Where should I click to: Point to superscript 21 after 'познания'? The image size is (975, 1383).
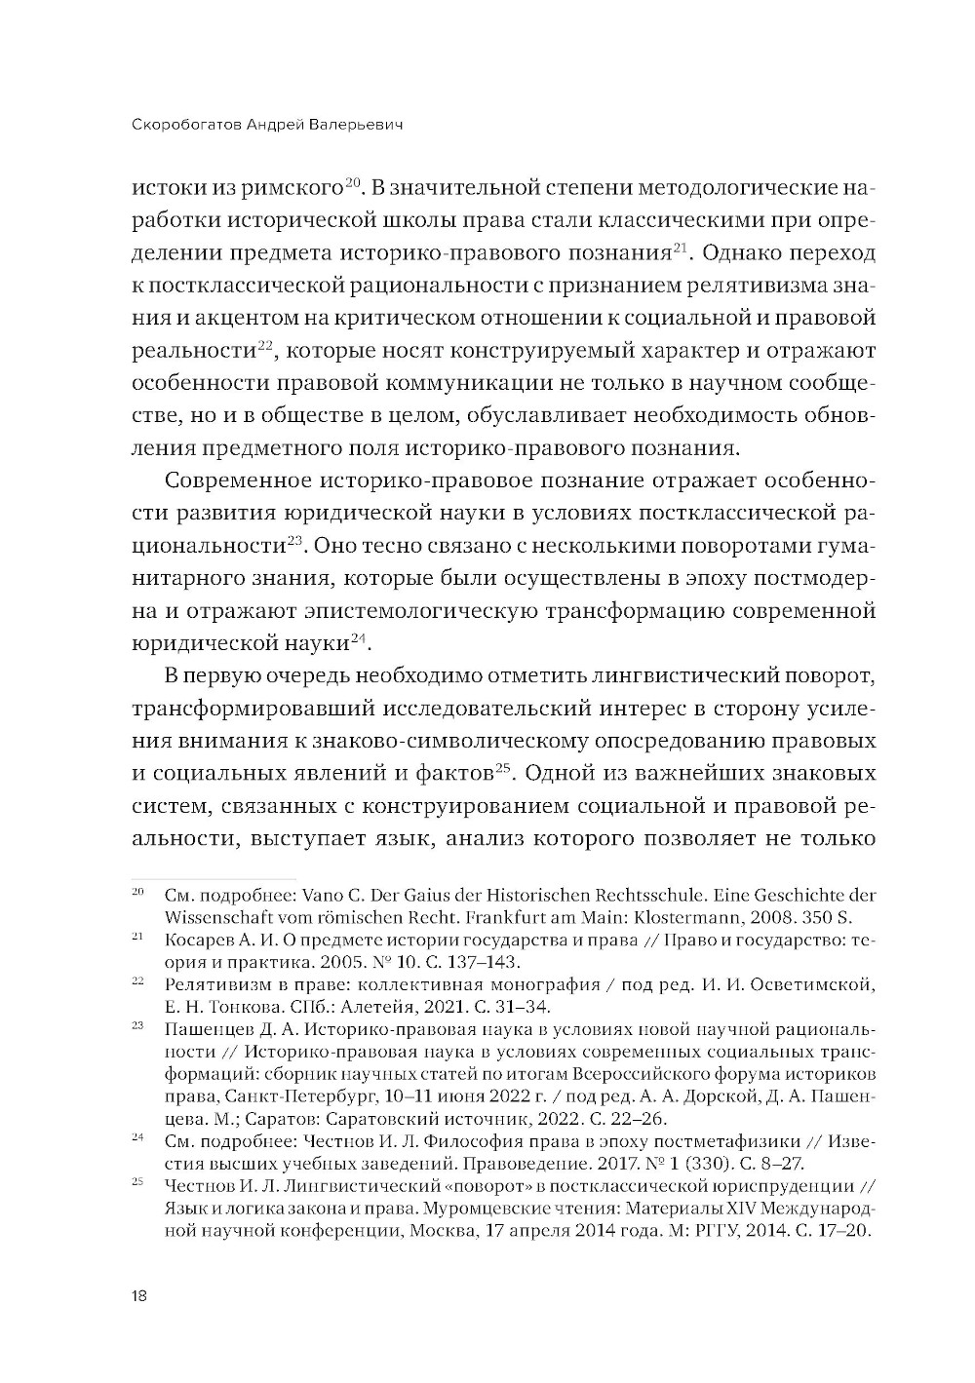pyautogui.click(x=682, y=248)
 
